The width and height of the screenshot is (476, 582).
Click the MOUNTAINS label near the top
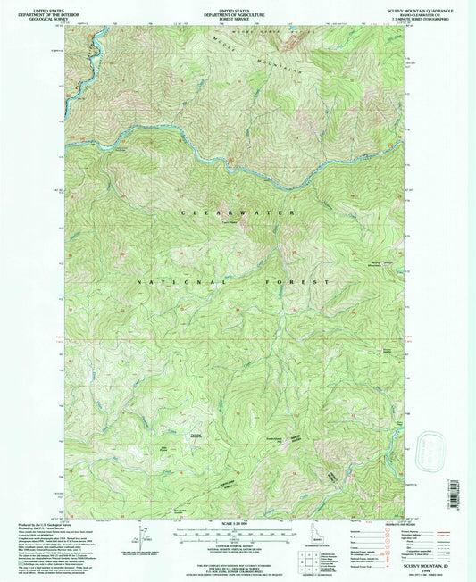coord(279,59)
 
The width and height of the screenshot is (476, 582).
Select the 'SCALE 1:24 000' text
coord(234,522)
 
